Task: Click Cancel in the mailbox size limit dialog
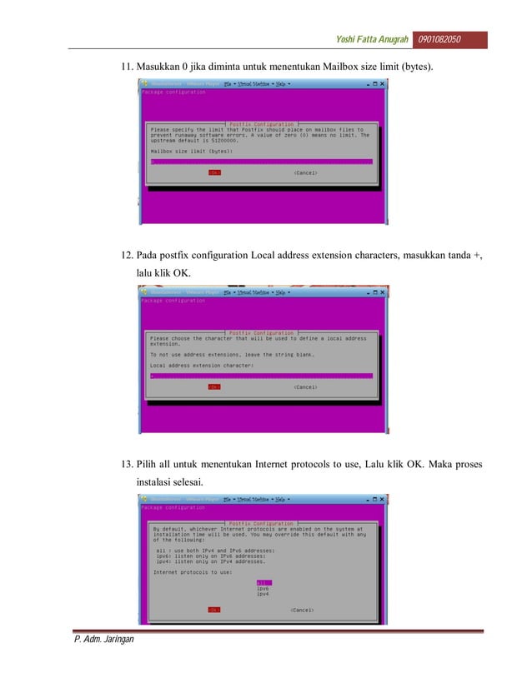coord(305,173)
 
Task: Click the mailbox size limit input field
coord(260,162)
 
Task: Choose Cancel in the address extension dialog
coord(305,386)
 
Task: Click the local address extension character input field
coord(260,376)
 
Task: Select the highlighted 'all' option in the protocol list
coord(263,582)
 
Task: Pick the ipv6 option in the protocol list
coord(263,588)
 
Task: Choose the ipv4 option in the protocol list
coord(263,594)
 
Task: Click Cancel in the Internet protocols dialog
coord(302,610)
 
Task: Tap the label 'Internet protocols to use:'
coord(193,572)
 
